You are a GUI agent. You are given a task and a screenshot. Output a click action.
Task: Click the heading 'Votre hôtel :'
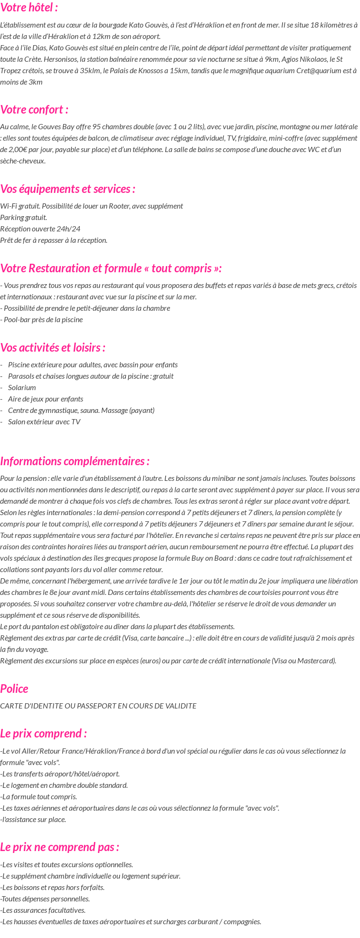click(29, 8)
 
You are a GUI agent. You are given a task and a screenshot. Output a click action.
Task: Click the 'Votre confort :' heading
click(34, 110)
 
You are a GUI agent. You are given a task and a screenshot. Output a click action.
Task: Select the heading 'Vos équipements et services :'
click(68, 189)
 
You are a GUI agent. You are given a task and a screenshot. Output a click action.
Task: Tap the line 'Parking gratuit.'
click(24, 217)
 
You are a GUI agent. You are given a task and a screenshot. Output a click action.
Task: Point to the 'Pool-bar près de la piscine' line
click(42, 319)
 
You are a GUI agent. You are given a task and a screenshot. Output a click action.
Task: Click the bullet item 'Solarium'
click(22, 387)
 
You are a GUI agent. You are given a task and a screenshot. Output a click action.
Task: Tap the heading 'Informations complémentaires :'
click(75, 461)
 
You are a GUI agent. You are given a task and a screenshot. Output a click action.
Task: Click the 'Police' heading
click(14, 689)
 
